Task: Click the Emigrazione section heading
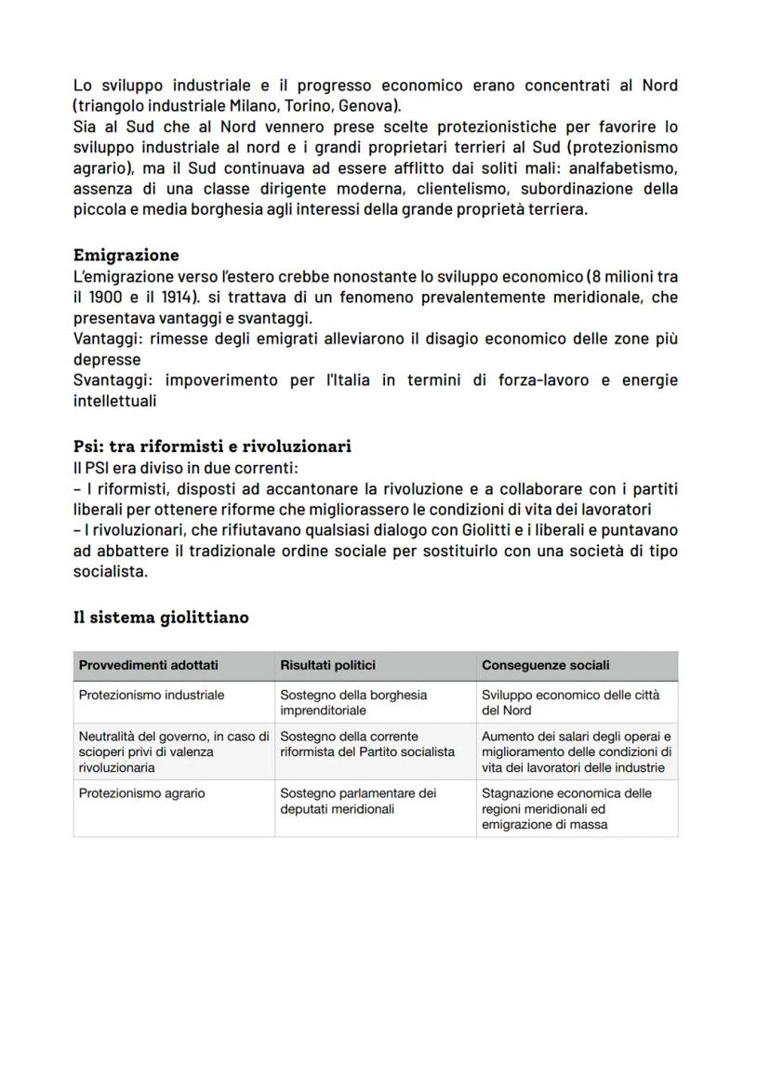tap(126, 255)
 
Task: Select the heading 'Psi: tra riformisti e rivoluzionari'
tap(212, 446)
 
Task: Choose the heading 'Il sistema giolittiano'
tap(161, 617)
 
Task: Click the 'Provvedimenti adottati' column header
tap(149, 666)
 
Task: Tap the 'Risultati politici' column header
tap(327, 666)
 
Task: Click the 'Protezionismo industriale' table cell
tap(152, 695)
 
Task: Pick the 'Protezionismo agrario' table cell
tap(142, 793)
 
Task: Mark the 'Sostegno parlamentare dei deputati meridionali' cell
tap(358, 801)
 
